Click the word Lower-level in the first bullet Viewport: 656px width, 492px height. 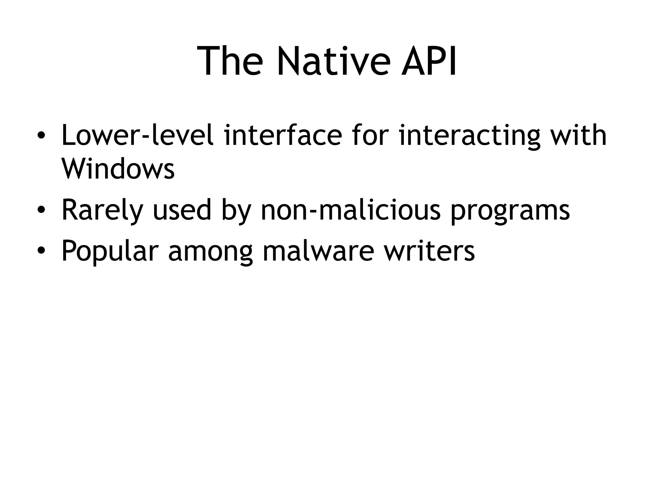click(137, 135)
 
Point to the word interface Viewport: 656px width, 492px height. click(283, 135)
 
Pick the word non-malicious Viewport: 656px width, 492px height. click(351, 210)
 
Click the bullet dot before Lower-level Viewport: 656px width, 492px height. click(41, 136)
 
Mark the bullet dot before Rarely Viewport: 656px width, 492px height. click(41, 211)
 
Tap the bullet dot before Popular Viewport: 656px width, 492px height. click(41, 252)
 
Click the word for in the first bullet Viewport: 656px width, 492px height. click(370, 135)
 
